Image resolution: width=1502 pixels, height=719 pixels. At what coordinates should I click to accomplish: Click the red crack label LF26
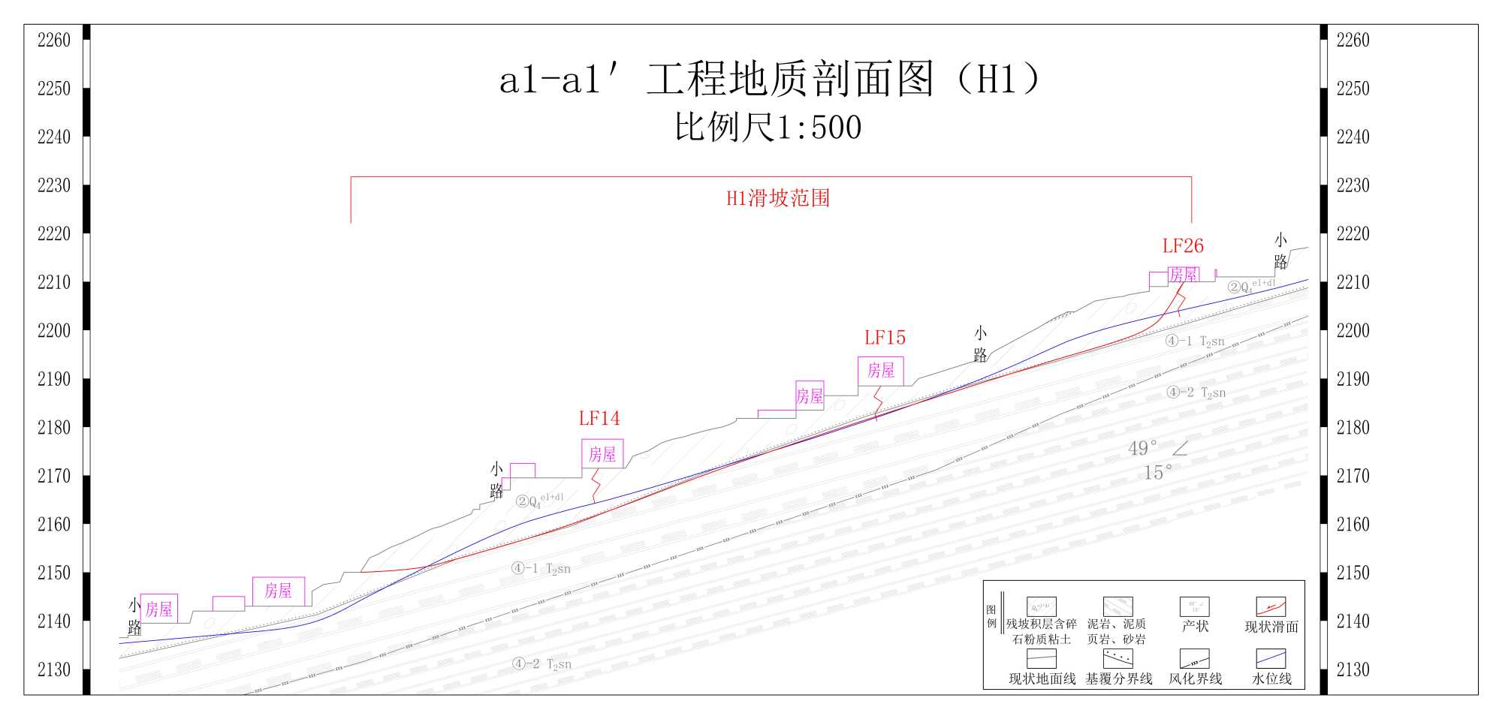click(1183, 246)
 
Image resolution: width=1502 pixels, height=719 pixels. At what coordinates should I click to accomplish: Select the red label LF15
click(885, 338)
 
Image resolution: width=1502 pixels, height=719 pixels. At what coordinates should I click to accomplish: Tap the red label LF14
click(599, 418)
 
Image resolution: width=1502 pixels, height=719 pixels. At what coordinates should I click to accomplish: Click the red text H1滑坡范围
click(778, 198)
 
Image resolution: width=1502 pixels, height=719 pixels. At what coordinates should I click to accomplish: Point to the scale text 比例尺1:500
click(768, 127)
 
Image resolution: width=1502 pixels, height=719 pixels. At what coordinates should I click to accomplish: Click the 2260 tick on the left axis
click(54, 40)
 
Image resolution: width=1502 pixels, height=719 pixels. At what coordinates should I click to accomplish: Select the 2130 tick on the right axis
click(1353, 669)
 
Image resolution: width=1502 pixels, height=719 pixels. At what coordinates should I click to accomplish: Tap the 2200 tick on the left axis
click(54, 330)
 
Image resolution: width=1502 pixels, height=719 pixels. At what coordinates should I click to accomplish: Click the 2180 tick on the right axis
click(1353, 427)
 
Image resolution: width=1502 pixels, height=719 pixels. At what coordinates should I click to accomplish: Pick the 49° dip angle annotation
click(1142, 449)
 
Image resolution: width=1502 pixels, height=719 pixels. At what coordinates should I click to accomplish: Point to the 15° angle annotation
click(1157, 473)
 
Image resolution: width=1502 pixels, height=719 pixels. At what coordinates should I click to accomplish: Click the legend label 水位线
click(1271, 678)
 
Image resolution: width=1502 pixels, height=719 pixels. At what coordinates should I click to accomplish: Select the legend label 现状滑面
click(1271, 627)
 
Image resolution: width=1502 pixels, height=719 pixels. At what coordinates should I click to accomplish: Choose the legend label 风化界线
click(1195, 678)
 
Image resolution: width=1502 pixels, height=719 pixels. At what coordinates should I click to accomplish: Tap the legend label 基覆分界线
click(1118, 678)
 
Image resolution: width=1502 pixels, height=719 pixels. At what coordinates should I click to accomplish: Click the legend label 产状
click(1195, 626)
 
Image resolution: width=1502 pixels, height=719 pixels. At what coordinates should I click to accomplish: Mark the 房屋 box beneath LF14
click(602, 454)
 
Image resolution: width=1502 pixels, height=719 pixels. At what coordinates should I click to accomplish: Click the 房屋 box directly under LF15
click(881, 371)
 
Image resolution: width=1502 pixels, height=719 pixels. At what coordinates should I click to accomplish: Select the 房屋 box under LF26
click(1184, 275)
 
